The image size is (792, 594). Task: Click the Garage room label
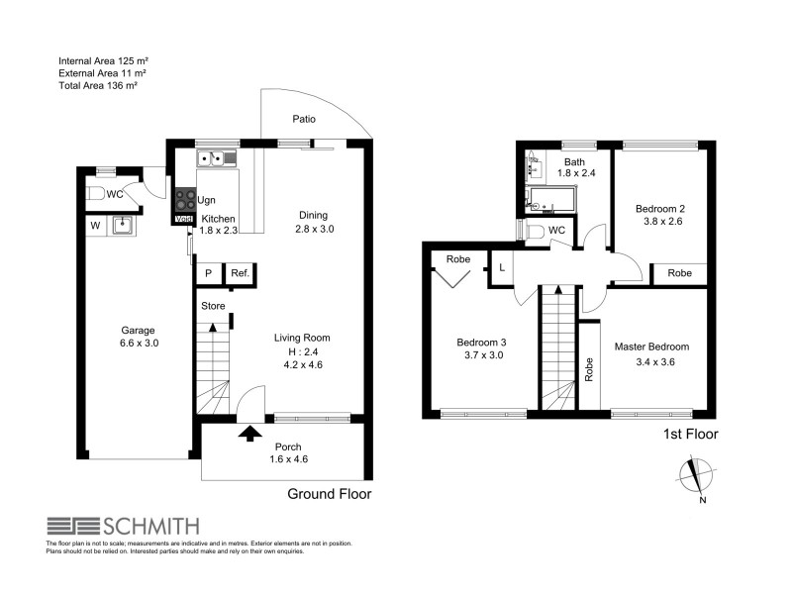(x=137, y=331)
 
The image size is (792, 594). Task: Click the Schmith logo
(x=123, y=526)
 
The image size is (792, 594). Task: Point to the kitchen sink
(x=215, y=156)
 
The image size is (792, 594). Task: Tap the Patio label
(x=304, y=119)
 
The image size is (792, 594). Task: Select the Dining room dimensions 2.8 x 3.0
(x=316, y=230)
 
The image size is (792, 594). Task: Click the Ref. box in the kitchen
(x=240, y=274)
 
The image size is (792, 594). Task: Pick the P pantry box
(x=209, y=274)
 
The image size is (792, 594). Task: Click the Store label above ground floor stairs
(x=214, y=306)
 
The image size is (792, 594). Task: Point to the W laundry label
(x=95, y=226)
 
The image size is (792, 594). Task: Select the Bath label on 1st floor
(x=574, y=162)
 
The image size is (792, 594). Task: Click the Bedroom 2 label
(x=660, y=209)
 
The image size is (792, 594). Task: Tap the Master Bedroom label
(x=651, y=346)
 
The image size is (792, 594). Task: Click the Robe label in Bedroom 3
(x=457, y=259)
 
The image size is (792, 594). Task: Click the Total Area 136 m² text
(x=97, y=86)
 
